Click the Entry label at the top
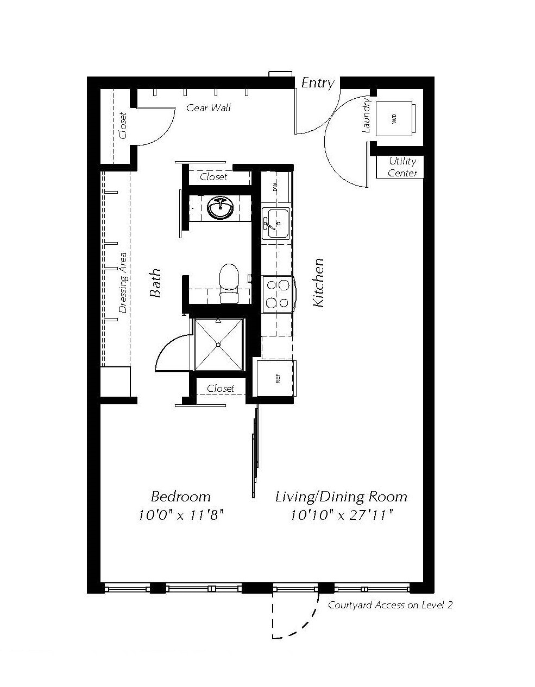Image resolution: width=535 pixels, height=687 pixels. (318, 82)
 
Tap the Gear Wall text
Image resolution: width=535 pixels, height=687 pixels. (209, 107)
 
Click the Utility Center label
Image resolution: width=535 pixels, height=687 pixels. (402, 167)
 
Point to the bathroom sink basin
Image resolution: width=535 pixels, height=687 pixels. (221, 207)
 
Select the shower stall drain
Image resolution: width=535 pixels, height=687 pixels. (218, 344)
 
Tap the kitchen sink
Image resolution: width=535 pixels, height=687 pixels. (276, 222)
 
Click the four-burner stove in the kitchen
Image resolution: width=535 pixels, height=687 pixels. (278, 294)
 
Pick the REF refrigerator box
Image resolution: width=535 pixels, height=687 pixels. (276, 379)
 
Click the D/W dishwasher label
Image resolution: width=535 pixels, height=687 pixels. (275, 187)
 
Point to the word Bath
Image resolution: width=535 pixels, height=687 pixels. (155, 283)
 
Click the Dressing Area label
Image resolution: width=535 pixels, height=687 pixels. (123, 282)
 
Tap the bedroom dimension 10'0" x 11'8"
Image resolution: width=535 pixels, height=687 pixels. (181, 514)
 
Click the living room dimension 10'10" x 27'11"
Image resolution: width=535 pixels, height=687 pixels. (341, 514)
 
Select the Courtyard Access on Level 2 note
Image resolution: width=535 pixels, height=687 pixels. (390, 605)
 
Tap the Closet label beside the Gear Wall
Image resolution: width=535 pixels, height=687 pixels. (123, 125)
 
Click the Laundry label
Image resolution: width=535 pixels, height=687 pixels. (367, 116)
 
